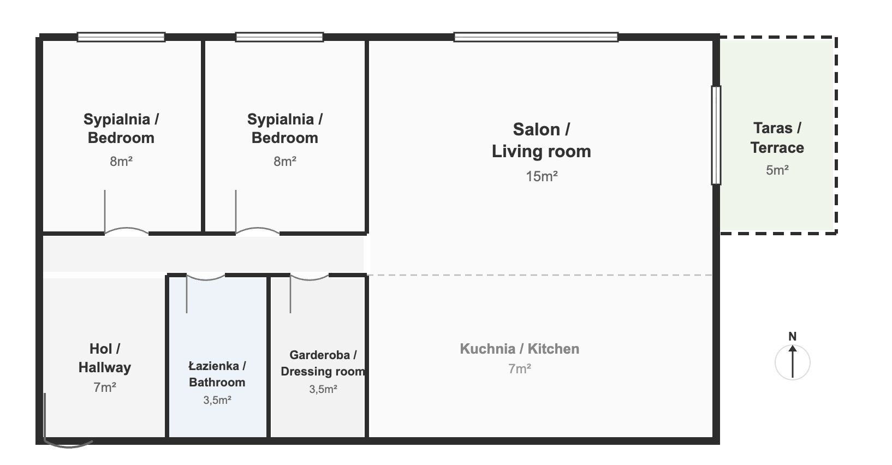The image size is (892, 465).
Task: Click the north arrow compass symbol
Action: tap(792, 362)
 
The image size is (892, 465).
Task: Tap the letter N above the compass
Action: tap(793, 336)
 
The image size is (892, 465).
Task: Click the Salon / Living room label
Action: tap(541, 140)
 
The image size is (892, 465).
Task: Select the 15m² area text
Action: tap(542, 176)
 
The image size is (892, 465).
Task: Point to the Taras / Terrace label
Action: tap(777, 138)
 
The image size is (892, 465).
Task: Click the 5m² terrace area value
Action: tap(777, 170)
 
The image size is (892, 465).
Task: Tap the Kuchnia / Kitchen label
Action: tap(519, 349)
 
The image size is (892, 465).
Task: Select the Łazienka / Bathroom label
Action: tap(217, 374)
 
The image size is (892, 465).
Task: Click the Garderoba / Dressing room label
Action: tap(323, 363)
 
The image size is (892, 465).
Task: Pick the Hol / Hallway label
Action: tap(104, 358)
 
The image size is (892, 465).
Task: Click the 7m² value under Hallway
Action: tap(104, 388)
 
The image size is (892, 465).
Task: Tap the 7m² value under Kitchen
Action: tap(520, 369)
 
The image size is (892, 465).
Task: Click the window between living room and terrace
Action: tap(716, 135)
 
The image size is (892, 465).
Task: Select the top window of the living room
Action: tap(536, 37)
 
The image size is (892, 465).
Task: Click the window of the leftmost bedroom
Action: tap(121, 37)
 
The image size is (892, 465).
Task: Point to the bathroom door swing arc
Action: tap(205, 278)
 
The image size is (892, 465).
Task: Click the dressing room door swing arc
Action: tap(309, 278)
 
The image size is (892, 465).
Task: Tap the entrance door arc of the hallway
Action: tap(69, 444)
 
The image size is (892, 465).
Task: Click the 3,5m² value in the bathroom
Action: tap(217, 400)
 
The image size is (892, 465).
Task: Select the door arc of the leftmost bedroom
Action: tap(126, 230)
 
